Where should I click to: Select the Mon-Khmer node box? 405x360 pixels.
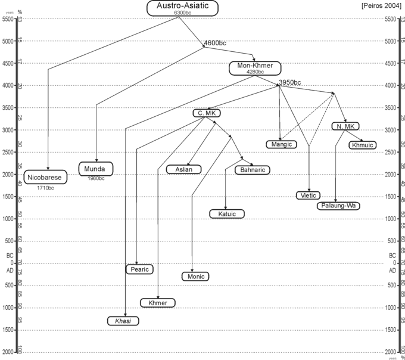[254, 67]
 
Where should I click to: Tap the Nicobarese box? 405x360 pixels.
[45, 178]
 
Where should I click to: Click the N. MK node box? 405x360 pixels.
[344, 126]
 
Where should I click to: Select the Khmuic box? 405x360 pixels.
[362, 145]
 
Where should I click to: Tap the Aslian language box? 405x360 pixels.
[183, 169]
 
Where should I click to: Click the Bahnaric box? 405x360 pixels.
[253, 170]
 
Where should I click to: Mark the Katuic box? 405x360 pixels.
[226, 213]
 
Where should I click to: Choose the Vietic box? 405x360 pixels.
[309, 195]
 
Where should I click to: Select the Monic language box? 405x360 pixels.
[196, 277]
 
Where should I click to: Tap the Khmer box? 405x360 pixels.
[158, 303]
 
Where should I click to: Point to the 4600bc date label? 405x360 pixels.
[214, 44]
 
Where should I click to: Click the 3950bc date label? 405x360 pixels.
[290, 82]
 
